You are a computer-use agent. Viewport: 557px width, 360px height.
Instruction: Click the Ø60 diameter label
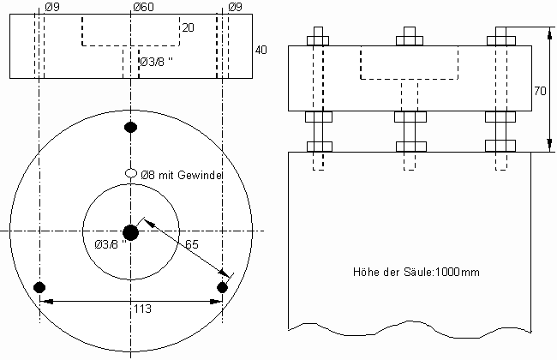(144, 7)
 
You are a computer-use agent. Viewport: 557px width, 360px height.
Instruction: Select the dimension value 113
(142, 309)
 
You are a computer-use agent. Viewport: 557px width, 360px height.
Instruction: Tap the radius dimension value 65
(192, 244)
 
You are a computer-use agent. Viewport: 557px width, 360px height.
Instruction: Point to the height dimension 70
(540, 92)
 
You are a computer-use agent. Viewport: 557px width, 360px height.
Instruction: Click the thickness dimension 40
(261, 50)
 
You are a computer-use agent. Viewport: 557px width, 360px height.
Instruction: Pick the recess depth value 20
(189, 27)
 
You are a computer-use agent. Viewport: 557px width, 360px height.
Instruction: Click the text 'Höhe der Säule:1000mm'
(416, 273)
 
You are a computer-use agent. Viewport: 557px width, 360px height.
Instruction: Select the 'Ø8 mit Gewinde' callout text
(182, 175)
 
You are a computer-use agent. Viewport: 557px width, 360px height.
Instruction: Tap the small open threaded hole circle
(131, 173)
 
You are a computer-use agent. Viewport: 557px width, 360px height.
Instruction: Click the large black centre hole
(131, 232)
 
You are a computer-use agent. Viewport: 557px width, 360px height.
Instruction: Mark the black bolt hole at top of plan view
(131, 127)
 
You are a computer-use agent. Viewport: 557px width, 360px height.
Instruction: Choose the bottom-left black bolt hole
(39, 287)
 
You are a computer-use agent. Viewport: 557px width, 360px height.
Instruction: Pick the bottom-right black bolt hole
(222, 287)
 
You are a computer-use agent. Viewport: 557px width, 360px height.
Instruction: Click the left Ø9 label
(52, 7)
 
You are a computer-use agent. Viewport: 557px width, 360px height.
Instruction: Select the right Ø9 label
(235, 7)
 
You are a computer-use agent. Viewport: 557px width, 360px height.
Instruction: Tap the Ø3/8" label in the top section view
(156, 62)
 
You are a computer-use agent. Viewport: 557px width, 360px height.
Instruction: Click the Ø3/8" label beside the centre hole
(111, 244)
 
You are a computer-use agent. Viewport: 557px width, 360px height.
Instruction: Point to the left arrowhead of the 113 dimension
(46, 302)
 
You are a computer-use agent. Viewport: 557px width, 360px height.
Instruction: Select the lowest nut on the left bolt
(320, 147)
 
